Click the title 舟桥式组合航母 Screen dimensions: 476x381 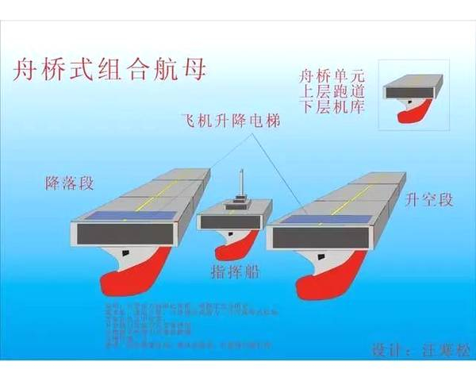[110, 70]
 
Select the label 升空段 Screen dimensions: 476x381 [428, 199]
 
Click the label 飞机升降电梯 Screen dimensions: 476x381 [229, 121]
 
